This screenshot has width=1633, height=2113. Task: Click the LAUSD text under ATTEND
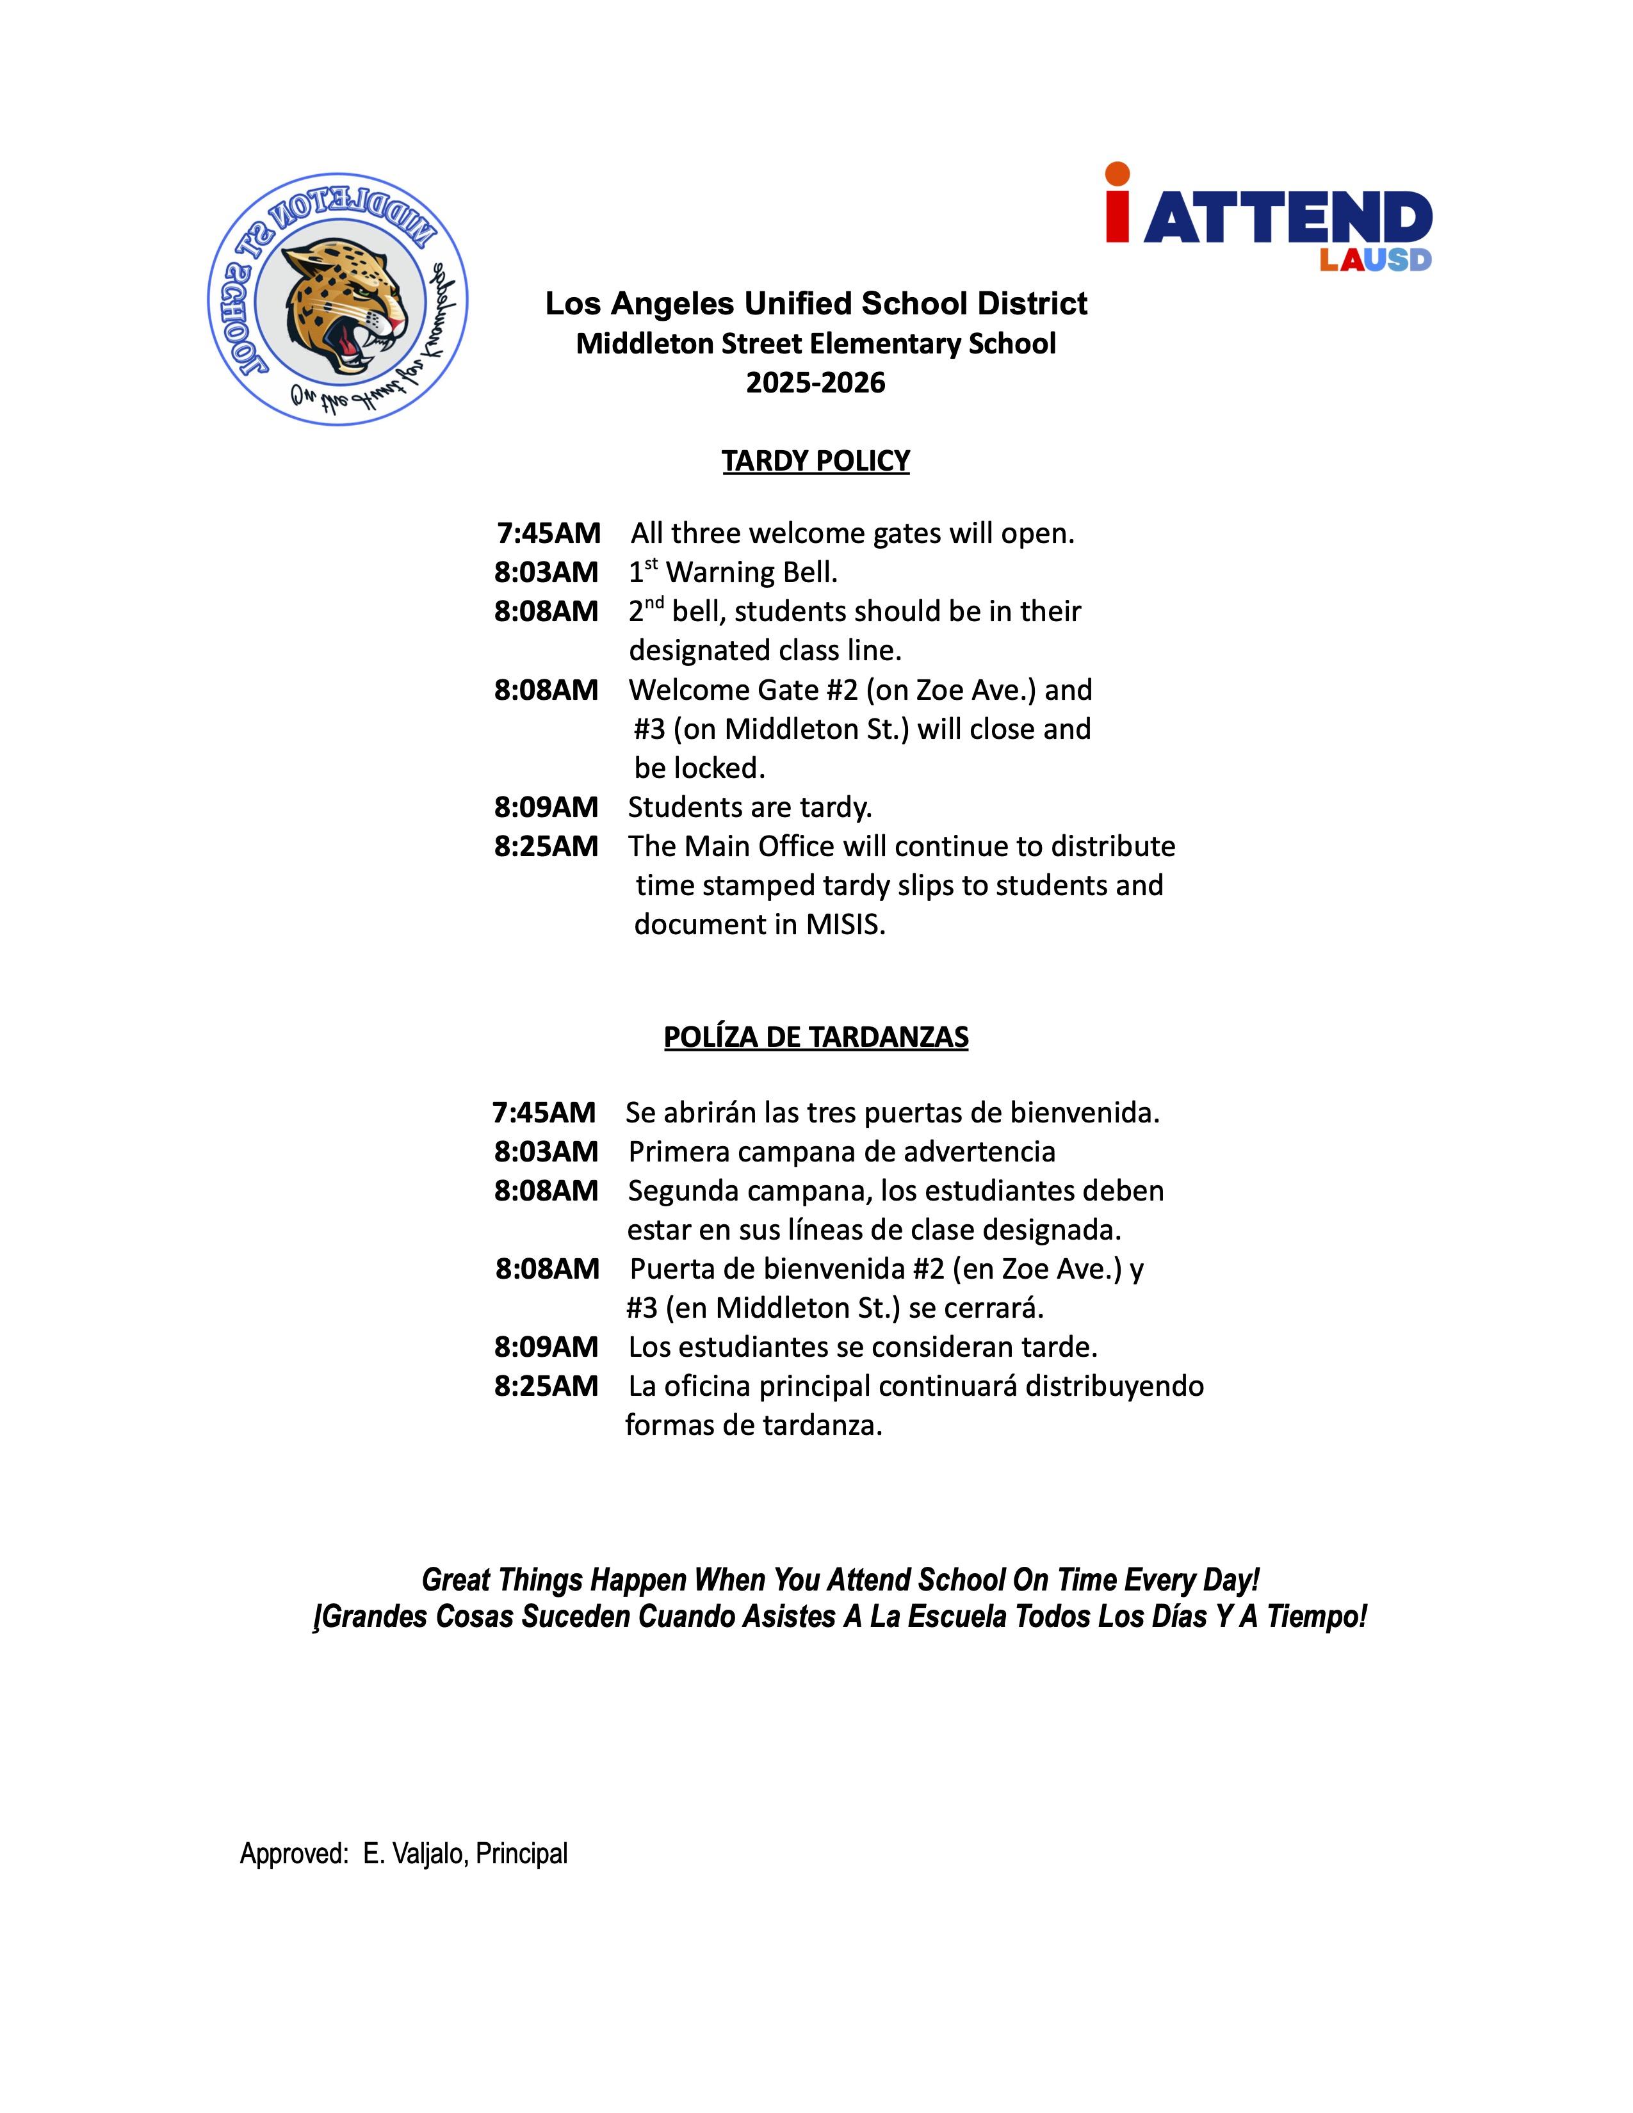1375,260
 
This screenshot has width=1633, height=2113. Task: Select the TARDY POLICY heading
815,460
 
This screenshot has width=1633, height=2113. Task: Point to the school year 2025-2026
815,383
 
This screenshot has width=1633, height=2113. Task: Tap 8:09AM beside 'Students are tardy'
547,807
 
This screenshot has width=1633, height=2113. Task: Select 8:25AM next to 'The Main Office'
547,846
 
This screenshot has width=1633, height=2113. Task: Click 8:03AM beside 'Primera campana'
547,1151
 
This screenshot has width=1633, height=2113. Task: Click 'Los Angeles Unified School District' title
815,304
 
